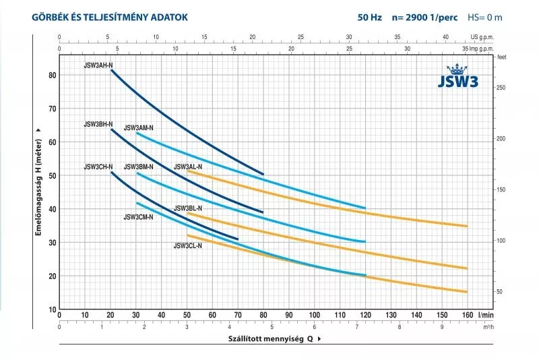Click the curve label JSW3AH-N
98,65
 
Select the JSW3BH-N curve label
98,125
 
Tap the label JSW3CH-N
98,167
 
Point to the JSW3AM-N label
139,128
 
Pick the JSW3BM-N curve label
139,167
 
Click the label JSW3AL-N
188,167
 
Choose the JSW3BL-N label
188,209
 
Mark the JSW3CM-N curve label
139,217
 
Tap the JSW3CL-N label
188,246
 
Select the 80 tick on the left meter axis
52,75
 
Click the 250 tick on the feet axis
501,88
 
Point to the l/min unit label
486,315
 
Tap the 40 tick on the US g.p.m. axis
445,38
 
